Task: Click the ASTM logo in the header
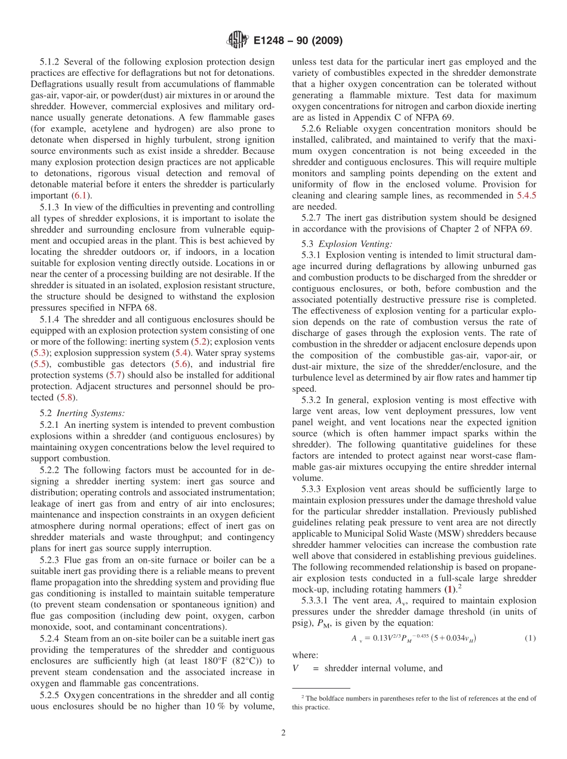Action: click(x=238, y=41)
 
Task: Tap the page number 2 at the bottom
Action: click(x=283, y=733)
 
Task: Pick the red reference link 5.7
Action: click(x=115, y=375)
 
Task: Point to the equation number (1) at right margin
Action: click(x=529, y=638)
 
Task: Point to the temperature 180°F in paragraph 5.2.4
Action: click(x=187, y=661)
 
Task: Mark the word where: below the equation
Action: click(x=305, y=655)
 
